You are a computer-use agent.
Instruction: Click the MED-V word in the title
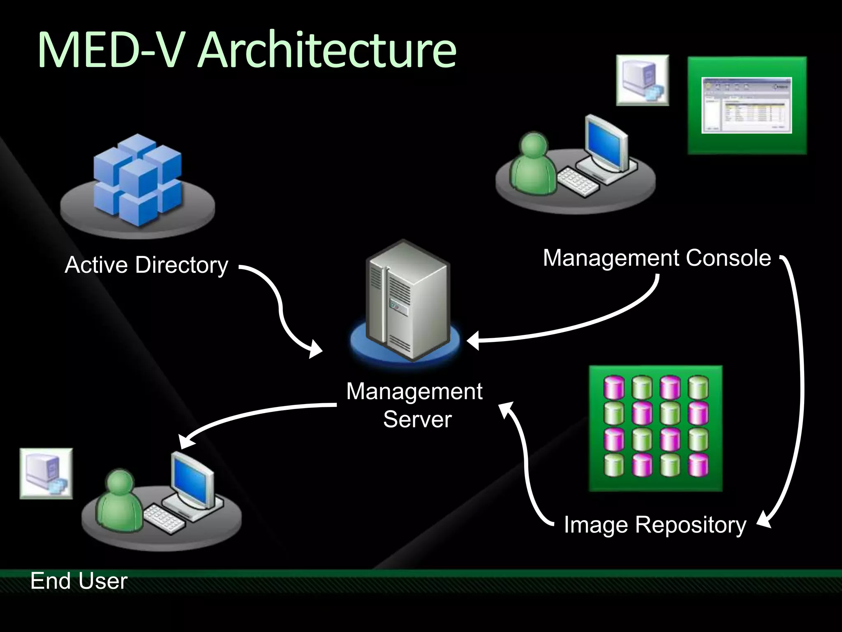pyautogui.click(x=110, y=51)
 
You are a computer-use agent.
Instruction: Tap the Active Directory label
pyautogui.click(x=146, y=265)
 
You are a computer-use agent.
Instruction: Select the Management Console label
pyautogui.click(x=657, y=258)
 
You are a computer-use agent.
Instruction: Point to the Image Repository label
pyautogui.click(x=655, y=525)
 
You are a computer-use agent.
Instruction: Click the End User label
pyautogui.click(x=79, y=581)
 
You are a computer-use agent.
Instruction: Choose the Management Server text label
pyautogui.click(x=414, y=405)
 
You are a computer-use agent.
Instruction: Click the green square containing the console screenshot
pyautogui.click(x=747, y=105)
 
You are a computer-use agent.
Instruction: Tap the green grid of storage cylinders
pyautogui.click(x=656, y=428)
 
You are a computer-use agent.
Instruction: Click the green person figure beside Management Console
pyautogui.click(x=533, y=165)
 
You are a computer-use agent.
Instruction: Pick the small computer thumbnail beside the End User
pyautogui.click(x=46, y=474)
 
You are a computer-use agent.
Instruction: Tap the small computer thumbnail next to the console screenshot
pyautogui.click(x=642, y=80)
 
